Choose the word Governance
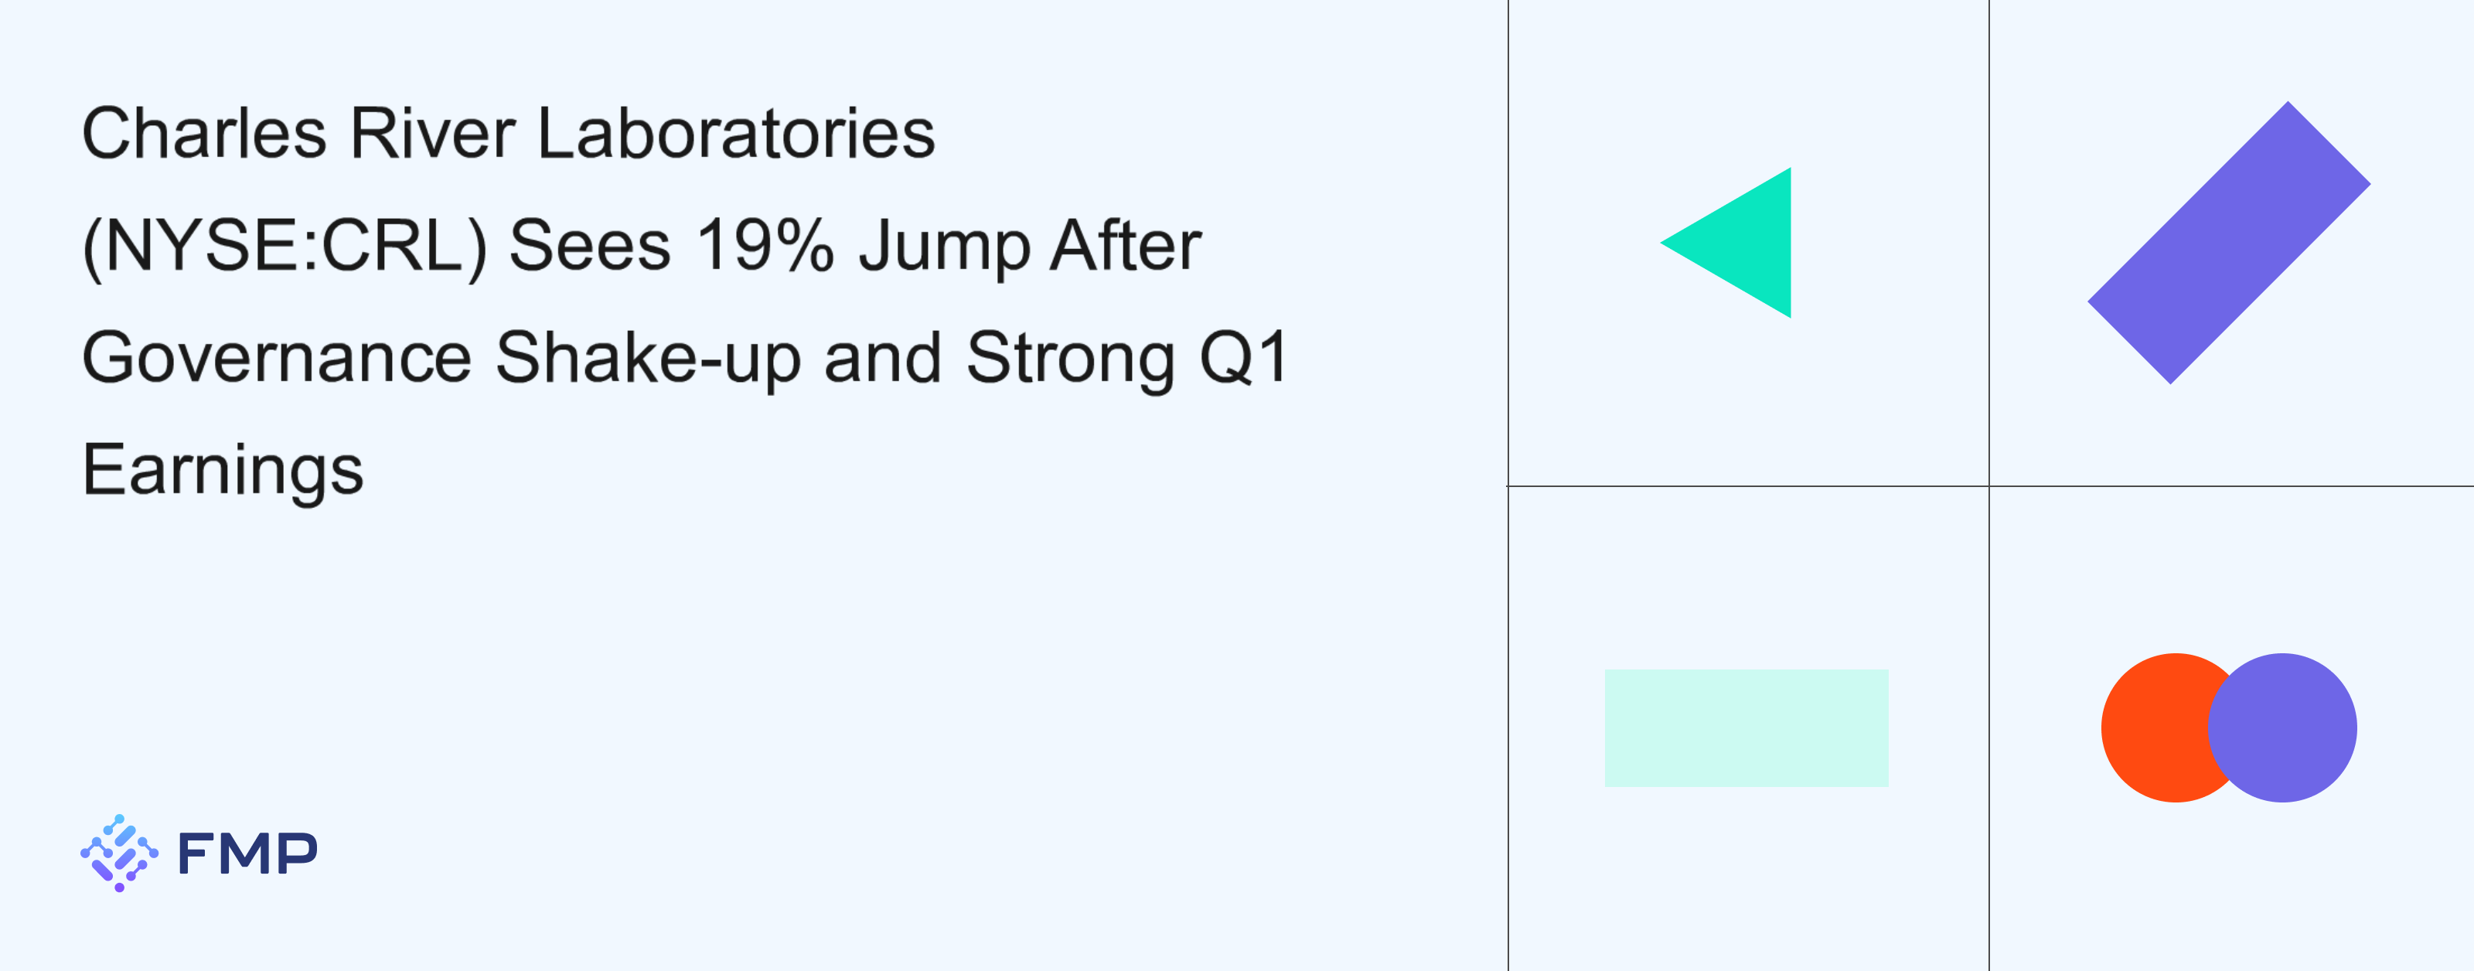pyautogui.click(x=277, y=357)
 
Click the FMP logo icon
pyautogui.click(x=119, y=853)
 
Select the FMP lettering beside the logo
pyautogui.click(x=247, y=853)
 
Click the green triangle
pyautogui.click(x=1743, y=243)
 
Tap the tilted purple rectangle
pyautogui.click(x=2229, y=243)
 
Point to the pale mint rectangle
pyautogui.click(x=1746, y=728)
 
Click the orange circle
pyautogui.click(x=2156, y=728)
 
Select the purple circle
pyautogui.click(x=2283, y=728)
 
